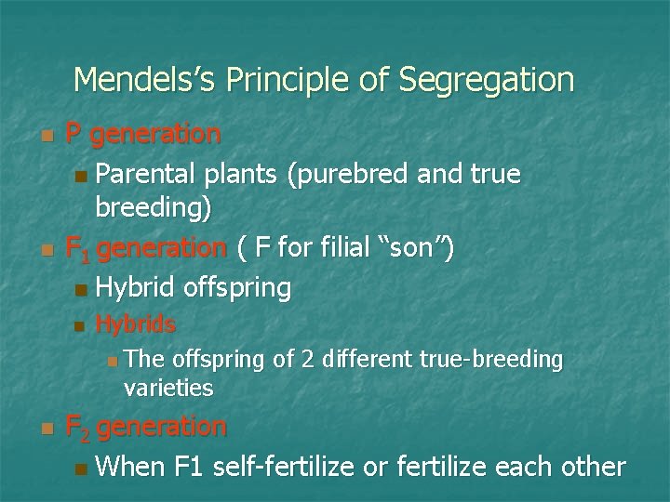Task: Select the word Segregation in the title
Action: [x=487, y=80]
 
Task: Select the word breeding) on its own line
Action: [x=154, y=209]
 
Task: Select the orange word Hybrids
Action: [x=136, y=324]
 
